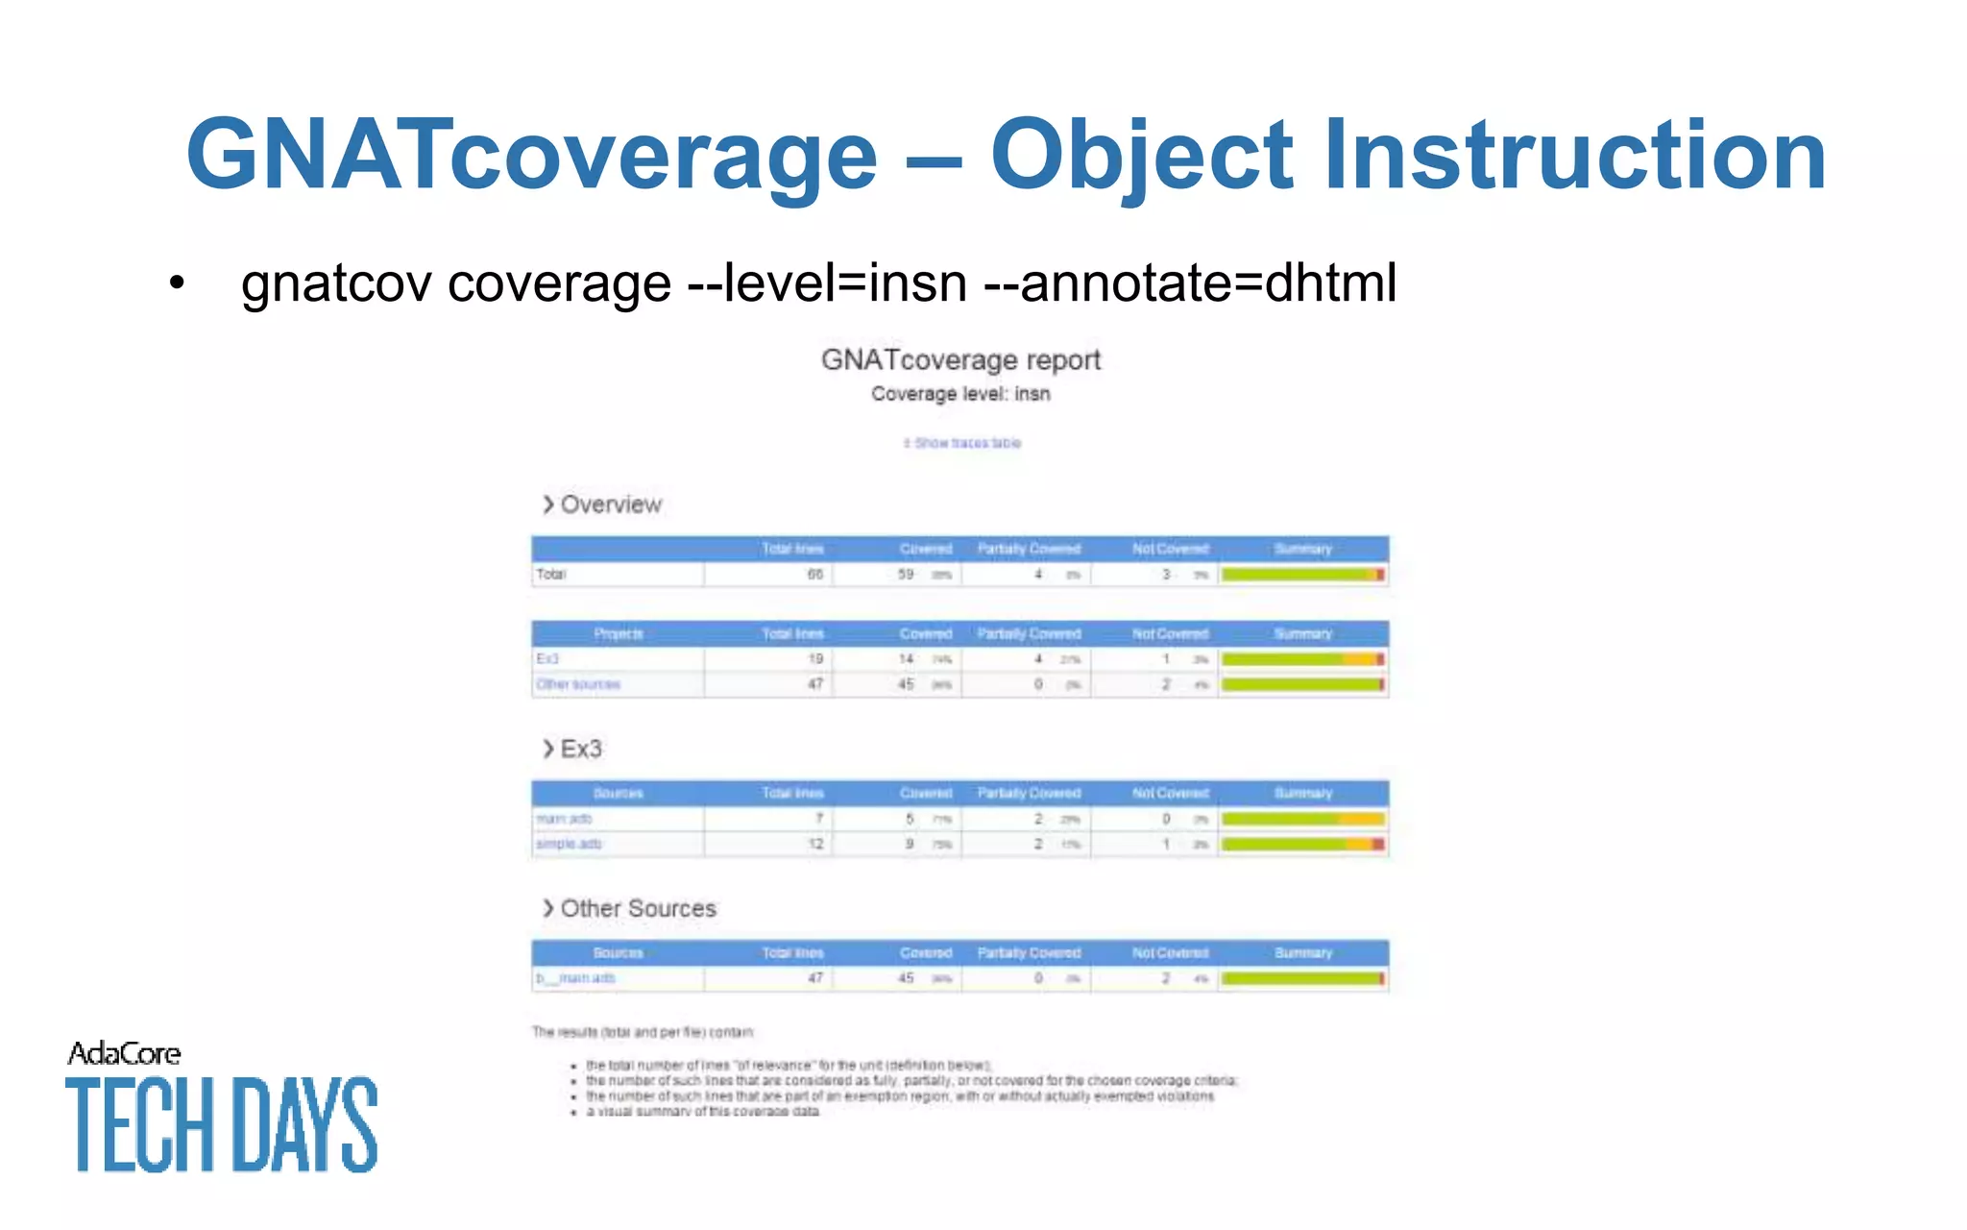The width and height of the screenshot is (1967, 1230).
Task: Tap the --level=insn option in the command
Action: [x=827, y=283]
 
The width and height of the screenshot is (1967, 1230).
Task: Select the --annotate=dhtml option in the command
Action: [x=1191, y=283]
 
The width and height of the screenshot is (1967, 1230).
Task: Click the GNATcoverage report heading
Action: [x=960, y=360]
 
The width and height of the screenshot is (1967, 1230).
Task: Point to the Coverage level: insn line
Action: [x=960, y=394]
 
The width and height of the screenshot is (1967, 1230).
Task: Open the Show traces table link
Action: [x=962, y=443]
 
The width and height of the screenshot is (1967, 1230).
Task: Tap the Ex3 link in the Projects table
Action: [x=547, y=659]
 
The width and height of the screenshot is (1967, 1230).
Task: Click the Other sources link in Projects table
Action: [x=578, y=684]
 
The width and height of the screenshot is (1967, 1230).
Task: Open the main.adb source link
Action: [x=564, y=819]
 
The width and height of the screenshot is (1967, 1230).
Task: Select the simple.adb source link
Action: [x=569, y=844]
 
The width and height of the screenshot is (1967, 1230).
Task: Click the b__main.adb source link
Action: [x=575, y=978]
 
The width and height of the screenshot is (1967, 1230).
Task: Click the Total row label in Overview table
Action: [x=551, y=575]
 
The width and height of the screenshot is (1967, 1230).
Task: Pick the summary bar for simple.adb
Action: [x=1302, y=844]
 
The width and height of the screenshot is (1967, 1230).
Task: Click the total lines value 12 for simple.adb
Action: [x=815, y=844]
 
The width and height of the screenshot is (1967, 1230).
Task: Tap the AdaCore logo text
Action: [x=124, y=1054]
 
